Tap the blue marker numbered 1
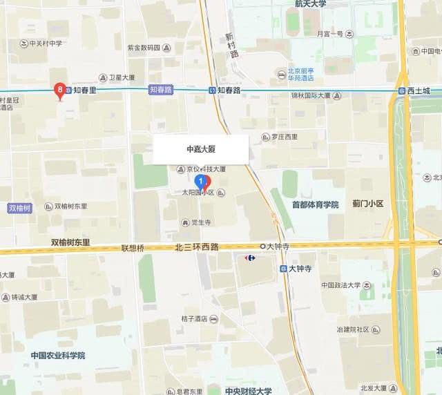(201, 182)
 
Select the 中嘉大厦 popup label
(201, 149)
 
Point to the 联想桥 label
(133, 247)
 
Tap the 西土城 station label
(418, 91)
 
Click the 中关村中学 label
(46, 43)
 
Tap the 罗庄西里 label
(283, 137)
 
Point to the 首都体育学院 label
(315, 204)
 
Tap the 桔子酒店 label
(195, 319)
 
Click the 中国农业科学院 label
(57, 356)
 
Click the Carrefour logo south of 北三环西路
(249, 258)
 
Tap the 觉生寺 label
(200, 222)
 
